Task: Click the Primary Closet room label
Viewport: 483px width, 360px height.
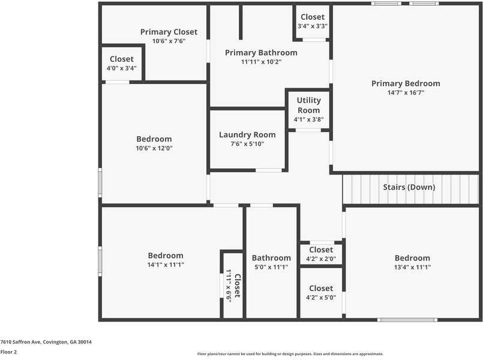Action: click(169, 32)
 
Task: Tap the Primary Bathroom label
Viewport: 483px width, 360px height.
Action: click(261, 53)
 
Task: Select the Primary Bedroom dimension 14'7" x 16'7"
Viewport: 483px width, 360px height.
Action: click(406, 93)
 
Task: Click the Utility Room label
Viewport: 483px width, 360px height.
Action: click(309, 105)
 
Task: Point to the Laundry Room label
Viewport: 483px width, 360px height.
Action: click(247, 135)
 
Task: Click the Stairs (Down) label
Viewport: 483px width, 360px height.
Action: click(409, 187)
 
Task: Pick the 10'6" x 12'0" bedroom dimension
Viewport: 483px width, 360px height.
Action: click(154, 148)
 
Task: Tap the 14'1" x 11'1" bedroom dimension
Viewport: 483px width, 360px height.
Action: click(166, 265)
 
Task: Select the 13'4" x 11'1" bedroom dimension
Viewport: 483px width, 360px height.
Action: click(412, 268)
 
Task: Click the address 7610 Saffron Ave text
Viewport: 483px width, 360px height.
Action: click(46, 341)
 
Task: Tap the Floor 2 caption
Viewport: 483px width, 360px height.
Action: click(9, 352)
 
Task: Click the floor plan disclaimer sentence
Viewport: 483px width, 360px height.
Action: click(290, 354)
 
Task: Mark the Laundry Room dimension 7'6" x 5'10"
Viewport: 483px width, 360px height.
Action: click(247, 144)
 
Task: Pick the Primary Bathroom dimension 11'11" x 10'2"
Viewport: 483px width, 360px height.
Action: click(261, 62)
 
